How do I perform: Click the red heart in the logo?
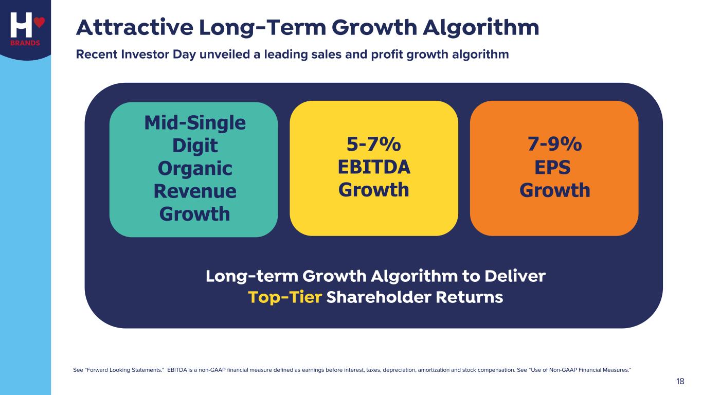[40, 23]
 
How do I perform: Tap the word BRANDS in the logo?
[25, 43]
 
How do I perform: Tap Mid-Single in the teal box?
[194, 123]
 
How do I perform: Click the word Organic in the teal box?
[194, 168]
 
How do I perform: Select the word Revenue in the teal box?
[194, 191]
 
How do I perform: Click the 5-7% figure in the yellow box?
[374, 145]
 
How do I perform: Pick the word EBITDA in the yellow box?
[374, 168]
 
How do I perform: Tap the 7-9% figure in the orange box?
[554, 145]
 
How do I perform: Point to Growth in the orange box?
[554, 190]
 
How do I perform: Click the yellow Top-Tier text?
[285, 297]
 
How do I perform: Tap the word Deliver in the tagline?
[512, 276]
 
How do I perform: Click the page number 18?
[680, 381]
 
